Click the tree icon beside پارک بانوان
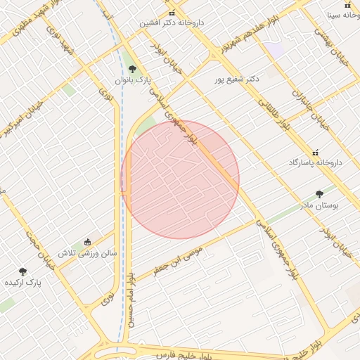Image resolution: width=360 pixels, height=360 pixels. [132, 69]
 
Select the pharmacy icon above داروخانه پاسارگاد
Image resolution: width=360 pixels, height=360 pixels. [315, 153]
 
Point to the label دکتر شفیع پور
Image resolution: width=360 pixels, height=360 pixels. [237, 79]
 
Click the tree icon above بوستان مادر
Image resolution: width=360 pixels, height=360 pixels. [320, 194]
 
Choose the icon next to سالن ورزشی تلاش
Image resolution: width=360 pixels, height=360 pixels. [87, 242]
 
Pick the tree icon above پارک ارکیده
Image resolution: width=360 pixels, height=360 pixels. [22, 271]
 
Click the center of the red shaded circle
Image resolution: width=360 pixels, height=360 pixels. [180, 179]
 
